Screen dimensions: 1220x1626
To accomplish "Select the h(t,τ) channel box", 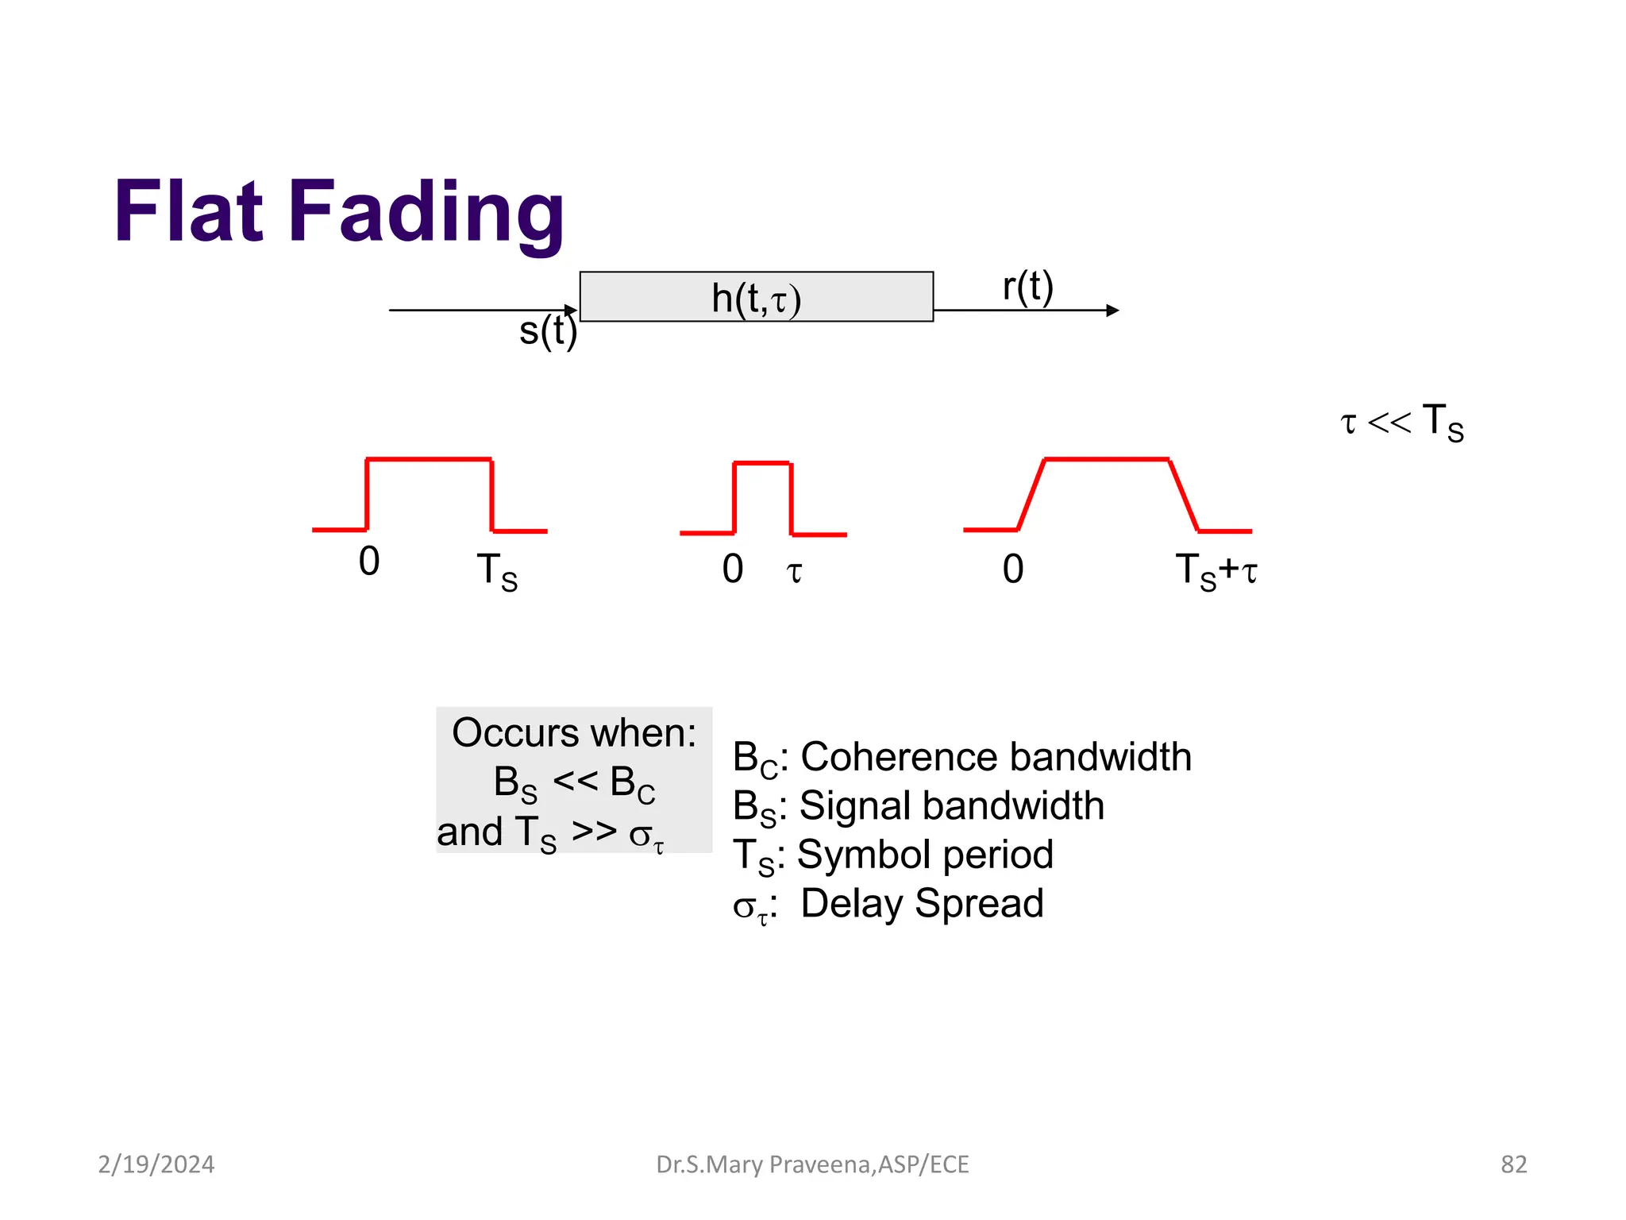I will click(x=756, y=297).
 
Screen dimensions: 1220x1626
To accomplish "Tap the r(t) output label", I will click(x=1027, y=287).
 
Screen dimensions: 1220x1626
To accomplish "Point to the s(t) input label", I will click(x=547, y=330).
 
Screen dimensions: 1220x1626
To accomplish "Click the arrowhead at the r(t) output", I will click(x=1113, y=311).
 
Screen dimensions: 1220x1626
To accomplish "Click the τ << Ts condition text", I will click(x=1401, y=422).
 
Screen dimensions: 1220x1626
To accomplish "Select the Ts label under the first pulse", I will click(x=497, y=572).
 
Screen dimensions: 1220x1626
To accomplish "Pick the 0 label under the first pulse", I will click(x=369, y=562).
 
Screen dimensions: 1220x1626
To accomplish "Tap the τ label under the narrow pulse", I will click(x=794, y=571).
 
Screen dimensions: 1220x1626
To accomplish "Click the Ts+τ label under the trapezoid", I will click(x=1216, y=571).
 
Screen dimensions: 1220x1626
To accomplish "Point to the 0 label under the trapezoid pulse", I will click(x=1013, y=569).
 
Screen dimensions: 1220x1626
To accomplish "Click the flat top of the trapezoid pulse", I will click(x=1106, y=459).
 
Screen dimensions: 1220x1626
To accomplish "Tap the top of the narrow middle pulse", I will click(x=762, y=463).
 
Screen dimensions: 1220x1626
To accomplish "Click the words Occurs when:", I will click(x=573, y=732).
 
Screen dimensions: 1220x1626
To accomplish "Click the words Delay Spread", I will click(x=922, y=904).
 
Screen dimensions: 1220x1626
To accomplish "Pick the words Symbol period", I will click(x=925, y=855).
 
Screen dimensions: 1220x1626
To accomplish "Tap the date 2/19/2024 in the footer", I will click(x=156, y=1164).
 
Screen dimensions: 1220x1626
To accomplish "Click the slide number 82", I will click(x=1513, y=1164).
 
